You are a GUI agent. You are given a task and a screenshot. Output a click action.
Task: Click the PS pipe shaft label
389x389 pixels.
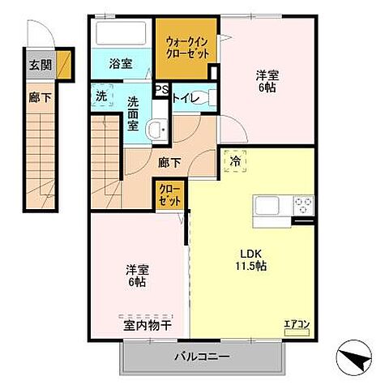click(160, 90)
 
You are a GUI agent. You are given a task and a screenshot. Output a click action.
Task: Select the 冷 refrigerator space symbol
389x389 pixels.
click(234, 160)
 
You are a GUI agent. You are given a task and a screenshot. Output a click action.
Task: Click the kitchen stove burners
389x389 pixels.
click(303, 203)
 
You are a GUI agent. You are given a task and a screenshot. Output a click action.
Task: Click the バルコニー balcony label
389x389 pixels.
click(202, 356)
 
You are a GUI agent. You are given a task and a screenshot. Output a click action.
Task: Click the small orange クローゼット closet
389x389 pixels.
click(170, 194)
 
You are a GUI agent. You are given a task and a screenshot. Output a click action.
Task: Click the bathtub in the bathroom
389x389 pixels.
click(121, 34)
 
